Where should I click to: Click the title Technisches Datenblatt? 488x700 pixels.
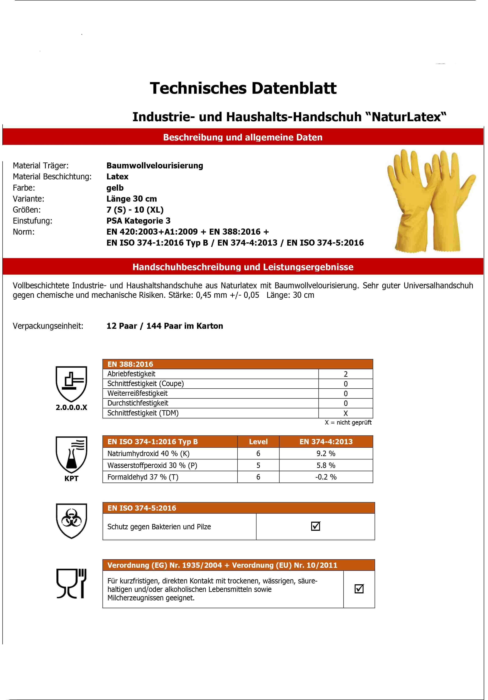point(243,88)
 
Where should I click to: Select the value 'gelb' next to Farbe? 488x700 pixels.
point(115,188)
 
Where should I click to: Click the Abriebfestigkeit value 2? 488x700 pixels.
point(346,374)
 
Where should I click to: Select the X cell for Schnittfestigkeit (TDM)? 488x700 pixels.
point(346,413)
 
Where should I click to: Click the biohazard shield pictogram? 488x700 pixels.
point(71,521)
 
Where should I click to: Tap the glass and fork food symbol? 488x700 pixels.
point(71,583)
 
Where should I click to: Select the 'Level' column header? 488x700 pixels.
point(258,442)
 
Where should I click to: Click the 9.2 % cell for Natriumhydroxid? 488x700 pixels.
point(326,454)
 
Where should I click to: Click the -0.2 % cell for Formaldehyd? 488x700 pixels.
point(326,477)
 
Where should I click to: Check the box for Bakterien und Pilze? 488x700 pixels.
point(315,526)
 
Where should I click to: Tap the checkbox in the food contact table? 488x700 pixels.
point(359,589)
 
